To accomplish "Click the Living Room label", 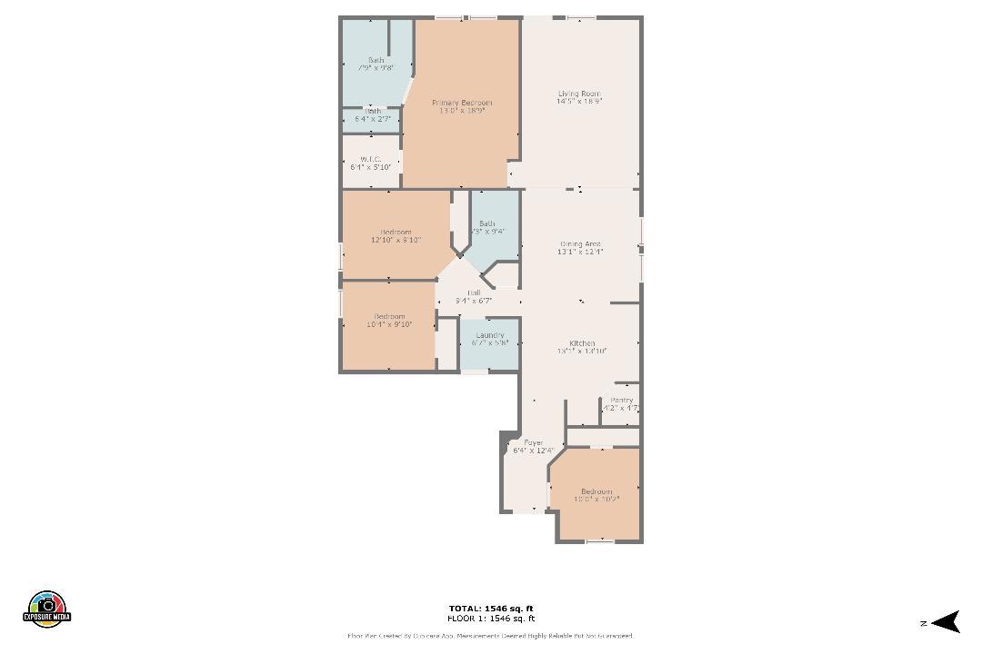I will click(x=579, y=97).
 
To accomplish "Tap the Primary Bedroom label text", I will click(x=461, y=106).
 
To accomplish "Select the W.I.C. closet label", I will click(x=370, y=163).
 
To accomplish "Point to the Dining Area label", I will click(x=580, y=248).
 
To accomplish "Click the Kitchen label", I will click(x=582, y=346).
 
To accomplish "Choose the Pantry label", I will click(x=622, y=404).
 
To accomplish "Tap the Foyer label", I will click(x=533, y=446).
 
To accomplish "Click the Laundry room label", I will click(x=489, y=339).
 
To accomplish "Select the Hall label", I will click(x=473, y=296).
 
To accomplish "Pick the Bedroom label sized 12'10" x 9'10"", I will click(x=396, y=236).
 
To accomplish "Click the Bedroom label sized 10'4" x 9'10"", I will click(x=389, y=320).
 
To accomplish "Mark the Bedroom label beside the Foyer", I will click(x=596, y=495).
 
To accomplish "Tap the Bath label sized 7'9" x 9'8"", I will click(x=376, y=64).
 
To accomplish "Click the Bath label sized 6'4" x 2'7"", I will click(x=373, y=114).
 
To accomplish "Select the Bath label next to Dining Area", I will click(x=487, y=227).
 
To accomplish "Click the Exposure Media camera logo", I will click(x=47, y=608).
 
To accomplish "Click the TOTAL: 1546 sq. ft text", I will click(x=491, y=609).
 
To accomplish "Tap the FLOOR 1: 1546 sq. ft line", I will click(x=491, y=619).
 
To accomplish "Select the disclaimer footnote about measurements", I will click(x=491, y=636).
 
